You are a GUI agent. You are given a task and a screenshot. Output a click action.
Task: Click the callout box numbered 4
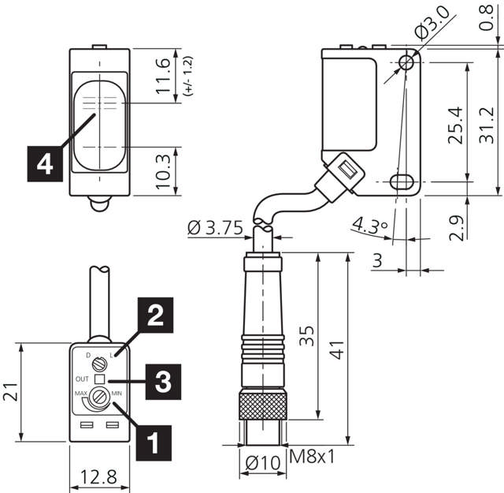click(45, 163)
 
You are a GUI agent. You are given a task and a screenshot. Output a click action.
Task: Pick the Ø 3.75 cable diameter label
click(215, 229)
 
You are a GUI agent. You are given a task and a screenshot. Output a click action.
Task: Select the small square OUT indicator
click(99, 379)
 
